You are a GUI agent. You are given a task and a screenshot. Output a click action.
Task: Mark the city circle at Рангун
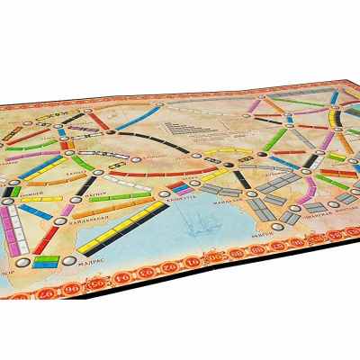pyautogui.click(x=265, y=224)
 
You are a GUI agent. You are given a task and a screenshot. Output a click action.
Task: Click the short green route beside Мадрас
pyautogui.click(x=47, y=262)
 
